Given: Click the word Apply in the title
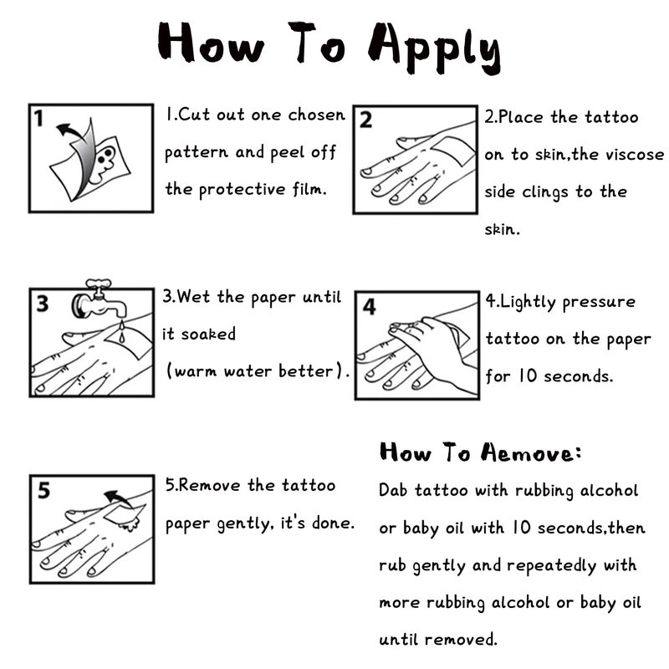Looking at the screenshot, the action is click(434, 48).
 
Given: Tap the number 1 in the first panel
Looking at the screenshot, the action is click(38, 119).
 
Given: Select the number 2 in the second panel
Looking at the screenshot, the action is click(365, 120).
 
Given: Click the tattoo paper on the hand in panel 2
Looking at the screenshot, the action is click(453, 151).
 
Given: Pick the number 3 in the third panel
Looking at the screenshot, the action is click(43, 304).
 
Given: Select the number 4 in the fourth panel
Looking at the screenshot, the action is click(369, 307).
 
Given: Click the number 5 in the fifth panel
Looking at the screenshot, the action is click(43, 490).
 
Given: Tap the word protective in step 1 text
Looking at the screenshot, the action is click(242, 190).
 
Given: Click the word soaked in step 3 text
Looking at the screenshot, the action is click(208, 334).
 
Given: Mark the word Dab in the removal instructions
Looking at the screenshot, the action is click(392, 490).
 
